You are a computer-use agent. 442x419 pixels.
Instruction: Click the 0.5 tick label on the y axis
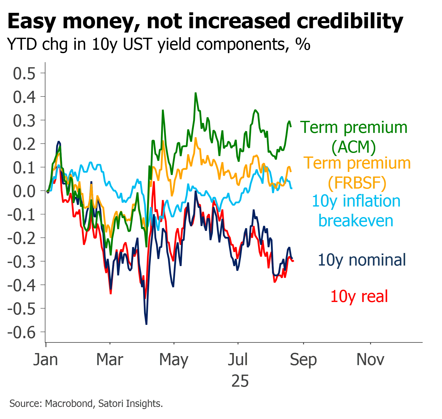pos(24,74)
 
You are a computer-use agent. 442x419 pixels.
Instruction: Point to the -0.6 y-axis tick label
pos(22,333)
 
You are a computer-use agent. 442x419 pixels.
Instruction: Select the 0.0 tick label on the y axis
pos(24,191)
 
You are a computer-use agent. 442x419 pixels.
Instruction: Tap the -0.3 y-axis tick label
pos(22,262)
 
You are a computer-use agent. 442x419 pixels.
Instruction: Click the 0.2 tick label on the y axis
pos(24,144)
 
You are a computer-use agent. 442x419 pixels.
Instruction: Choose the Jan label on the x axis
pos(45,359)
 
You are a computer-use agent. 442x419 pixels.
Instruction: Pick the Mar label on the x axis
pos(110,359)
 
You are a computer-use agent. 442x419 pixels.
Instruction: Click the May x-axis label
pos(174,360)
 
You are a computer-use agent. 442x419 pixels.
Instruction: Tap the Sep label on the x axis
pos(303,360)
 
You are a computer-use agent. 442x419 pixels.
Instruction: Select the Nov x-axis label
pos(370,359)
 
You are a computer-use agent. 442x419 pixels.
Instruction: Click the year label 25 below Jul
pos(240,381)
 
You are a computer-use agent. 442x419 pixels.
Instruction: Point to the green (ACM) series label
pos(354,147)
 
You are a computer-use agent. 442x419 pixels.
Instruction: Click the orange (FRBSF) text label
pos(357,183)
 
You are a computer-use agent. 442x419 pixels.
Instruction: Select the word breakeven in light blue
pos(356,221)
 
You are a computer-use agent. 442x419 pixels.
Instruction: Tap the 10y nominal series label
pos(362,260)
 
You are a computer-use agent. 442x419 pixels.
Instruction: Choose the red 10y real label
pos(359,297)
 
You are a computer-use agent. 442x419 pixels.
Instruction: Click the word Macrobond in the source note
pos(69,404)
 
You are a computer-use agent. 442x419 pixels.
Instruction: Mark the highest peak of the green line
pos(196,93)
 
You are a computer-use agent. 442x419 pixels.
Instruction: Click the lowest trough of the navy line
pos(146,324)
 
